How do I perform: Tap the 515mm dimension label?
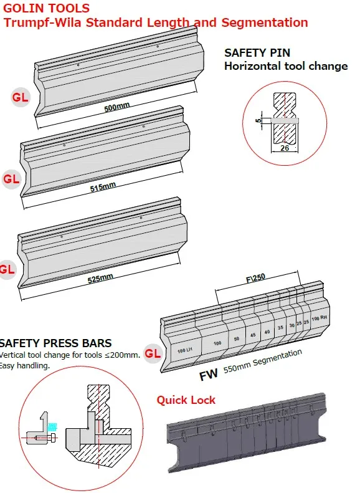pyautogui.click(x=103, y=187)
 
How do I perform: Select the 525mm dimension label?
pyautogui.click(x=100, y=278)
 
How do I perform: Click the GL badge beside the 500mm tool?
pyautogui.click(x=21, y=97)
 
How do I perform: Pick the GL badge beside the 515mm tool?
pyautogui.click(x=11, y=179)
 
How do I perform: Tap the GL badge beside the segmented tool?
pyautogui.click(x=153, y=354)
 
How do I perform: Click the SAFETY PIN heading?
pyautogui.click(x=257, y=53)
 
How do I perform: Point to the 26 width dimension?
pyautogui.click(x=285, y=148)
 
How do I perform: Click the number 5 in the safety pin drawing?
pyautogui.click(x=258, y=120)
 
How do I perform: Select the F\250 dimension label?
pyautogui.click(x=255, y=278)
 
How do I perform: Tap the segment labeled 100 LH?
pyautogui.click(x=185, y=350)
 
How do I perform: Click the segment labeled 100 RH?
pyautogui.click(x=319, y=318)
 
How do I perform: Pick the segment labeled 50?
pyautogui.click(x=237, y=339)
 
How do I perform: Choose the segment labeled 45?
pyautogui.click(x=253, y=335)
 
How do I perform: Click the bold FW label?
pyautogui.click(x=209, y=375)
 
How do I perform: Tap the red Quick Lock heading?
pyautogui.click(x=186, y=400)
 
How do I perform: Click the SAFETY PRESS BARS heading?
pyautogui.click(x=55, y=343)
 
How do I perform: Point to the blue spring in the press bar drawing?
pyautogui.click(x=52, y=427)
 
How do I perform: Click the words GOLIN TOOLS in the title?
pyautogui.click(x=47, y=8)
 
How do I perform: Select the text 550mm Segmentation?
pyautogui.click(x=263, y=361)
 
